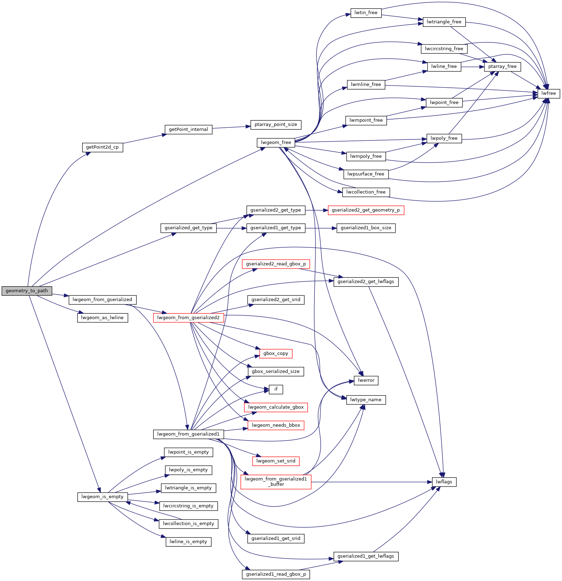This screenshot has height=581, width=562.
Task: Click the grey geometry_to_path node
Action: click(27, 291)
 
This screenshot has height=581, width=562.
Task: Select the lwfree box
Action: click(549, 93)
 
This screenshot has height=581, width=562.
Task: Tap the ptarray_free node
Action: click(502, 67)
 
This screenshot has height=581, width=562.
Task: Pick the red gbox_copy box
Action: click(276, 353)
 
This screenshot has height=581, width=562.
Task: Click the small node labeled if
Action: click(276, 389)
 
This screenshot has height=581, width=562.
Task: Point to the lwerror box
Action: click(366, 380)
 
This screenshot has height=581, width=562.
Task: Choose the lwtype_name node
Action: click(366, 400)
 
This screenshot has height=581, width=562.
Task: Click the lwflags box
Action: click(444, 482)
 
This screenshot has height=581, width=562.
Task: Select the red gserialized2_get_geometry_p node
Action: click(366, 210)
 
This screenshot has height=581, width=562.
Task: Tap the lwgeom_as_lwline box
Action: click(102, 318)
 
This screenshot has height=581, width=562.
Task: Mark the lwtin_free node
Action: click(366, 13)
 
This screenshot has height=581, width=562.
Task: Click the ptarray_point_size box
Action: click(276, 125)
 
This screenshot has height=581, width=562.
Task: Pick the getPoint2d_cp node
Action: click(102, 147)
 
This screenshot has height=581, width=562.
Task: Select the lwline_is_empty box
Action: click(188, 542)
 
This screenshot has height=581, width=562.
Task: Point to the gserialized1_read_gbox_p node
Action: click(276, 574)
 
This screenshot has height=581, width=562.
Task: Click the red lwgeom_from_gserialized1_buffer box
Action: click(276, 482)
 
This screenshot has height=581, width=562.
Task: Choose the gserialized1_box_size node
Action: click(366, 228)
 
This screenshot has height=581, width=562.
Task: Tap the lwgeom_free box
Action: click(276, 143)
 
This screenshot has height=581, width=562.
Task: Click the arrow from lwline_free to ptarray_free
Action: click(473, 67)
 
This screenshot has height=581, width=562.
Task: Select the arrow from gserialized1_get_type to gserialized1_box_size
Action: click(320, 228)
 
